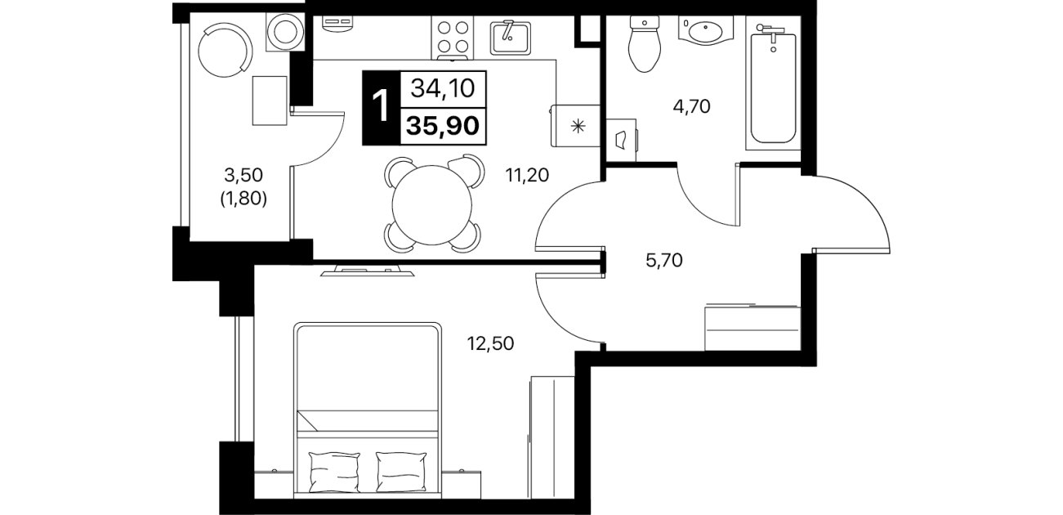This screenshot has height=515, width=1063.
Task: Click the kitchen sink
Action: [510, 37]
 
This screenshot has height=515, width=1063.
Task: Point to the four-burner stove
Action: [453, 37]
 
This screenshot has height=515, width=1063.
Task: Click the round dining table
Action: [432, 204]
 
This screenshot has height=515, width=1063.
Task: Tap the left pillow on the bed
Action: [334, 472]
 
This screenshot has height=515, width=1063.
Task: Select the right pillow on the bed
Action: [401, 472]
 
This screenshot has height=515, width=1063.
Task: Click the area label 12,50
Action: [490, 343]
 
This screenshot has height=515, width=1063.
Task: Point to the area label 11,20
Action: [527, 176]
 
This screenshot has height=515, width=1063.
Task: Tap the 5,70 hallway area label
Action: [664, 260]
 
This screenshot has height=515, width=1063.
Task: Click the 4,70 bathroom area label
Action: [691, 107]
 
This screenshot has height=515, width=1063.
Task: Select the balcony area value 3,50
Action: [243, 175]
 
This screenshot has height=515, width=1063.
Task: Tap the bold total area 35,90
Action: [443, 126]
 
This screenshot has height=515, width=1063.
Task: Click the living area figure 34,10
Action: [443, 88]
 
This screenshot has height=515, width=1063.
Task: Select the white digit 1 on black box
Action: [381, 107]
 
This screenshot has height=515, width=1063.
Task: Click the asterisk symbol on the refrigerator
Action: [578, 126]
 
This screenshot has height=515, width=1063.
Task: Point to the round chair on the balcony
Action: [222, 51]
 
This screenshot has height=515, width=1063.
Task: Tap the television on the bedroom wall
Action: [367, 272]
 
